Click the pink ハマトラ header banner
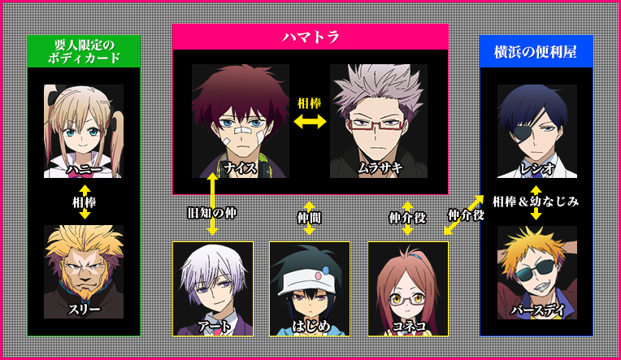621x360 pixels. coord(310,37)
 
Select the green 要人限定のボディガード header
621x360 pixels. coord(84,50)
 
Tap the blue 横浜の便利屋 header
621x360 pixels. coord(536,50)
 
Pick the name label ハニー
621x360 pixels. coord(84,168)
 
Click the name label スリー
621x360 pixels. coord(84,309)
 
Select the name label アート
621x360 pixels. coord(213,326)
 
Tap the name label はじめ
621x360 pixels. coord(309,326)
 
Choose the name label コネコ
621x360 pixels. coord(407,326)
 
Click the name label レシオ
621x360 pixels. coord(536,168)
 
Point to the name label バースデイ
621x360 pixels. coord(536,310)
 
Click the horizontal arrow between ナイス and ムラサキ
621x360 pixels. coord(310,121)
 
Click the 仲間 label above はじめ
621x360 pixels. coord(309,217)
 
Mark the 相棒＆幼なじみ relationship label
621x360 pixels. coord(536,202)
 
